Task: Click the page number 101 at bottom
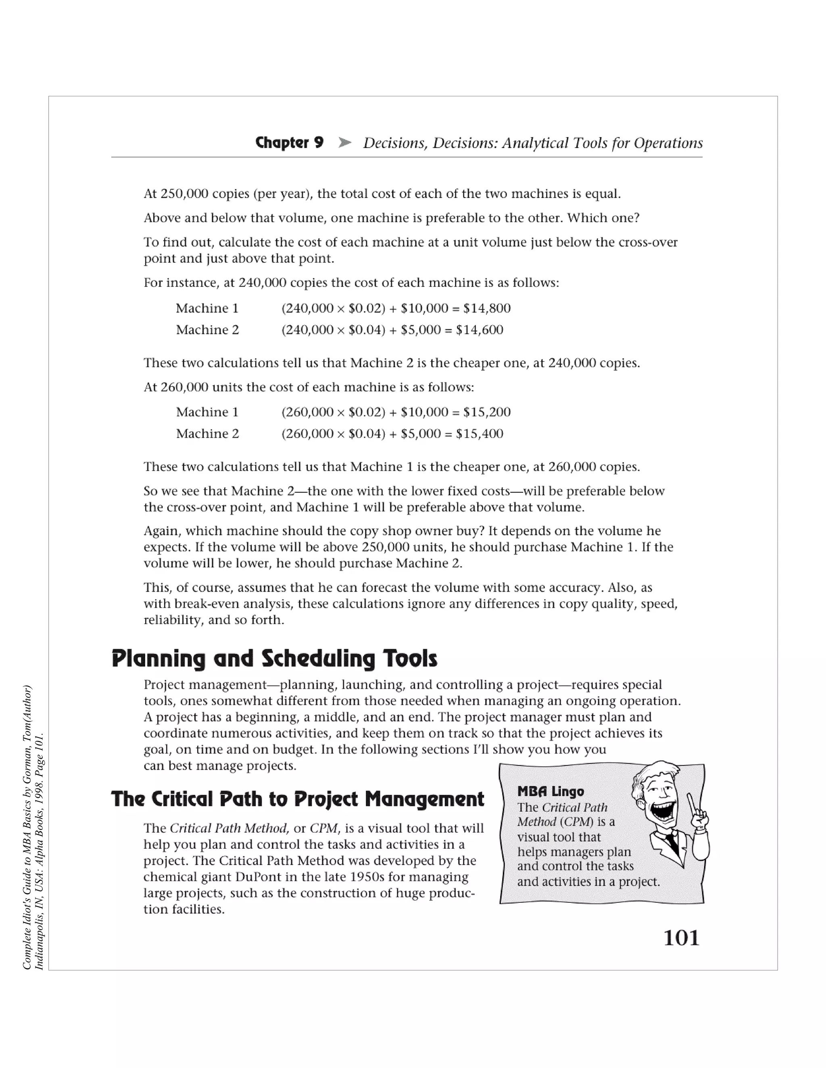click(681, 938)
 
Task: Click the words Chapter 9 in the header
click(289, 143)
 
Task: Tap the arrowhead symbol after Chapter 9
click(344, 143)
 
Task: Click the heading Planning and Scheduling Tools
click(274, 659)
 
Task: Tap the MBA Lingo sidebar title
click(551, 791)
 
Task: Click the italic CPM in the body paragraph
click(323, 828)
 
